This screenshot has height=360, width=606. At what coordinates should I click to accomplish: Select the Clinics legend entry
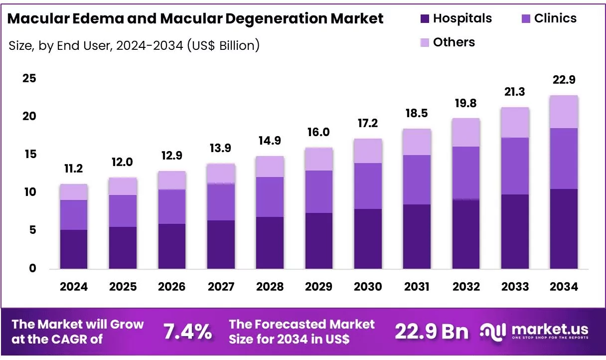pos(555,18)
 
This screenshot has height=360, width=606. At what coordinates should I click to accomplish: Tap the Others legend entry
pos(454,42)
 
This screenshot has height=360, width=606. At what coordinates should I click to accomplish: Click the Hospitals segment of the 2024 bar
pos(74,249)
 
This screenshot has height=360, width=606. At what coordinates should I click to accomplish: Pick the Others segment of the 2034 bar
pos(564,112)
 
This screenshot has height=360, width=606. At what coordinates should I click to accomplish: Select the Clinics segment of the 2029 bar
pos(319,191)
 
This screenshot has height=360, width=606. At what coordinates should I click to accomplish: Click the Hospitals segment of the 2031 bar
pos(417,236)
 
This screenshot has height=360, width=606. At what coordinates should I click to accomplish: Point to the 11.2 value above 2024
pos(74,169)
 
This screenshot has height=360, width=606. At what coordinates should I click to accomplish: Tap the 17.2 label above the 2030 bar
pos(368,123)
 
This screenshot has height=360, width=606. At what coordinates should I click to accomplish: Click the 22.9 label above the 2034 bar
pos(564,80)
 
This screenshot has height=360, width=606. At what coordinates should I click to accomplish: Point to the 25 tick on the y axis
pos(29,78)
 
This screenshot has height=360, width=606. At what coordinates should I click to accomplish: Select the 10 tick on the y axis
pos(29,192)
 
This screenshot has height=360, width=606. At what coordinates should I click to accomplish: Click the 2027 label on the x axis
pos(221,287)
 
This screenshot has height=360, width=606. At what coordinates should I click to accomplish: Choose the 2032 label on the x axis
pos(466,287)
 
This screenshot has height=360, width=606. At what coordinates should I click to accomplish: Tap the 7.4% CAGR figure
pos(188,332)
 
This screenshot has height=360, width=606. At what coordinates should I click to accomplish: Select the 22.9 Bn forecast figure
pos(432,332)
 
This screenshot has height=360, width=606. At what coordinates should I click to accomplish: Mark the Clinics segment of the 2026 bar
pos(172,206)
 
